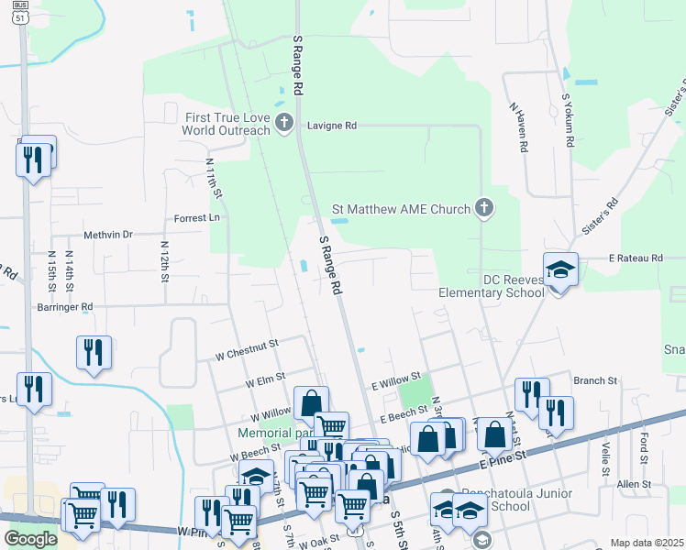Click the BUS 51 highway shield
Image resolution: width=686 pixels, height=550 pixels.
point(20,12)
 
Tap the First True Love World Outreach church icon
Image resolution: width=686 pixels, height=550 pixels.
point(284,122)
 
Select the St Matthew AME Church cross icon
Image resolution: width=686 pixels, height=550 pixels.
point(484,209)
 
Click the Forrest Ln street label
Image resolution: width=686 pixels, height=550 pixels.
point(197,218)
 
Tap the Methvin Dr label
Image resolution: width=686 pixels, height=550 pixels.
point(108,235)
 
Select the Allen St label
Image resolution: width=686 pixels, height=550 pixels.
point(633,483)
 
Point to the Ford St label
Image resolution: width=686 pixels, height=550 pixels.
point(646,448)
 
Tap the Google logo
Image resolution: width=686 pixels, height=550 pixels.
point(30,539)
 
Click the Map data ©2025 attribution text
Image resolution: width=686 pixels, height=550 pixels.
point(647,543)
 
